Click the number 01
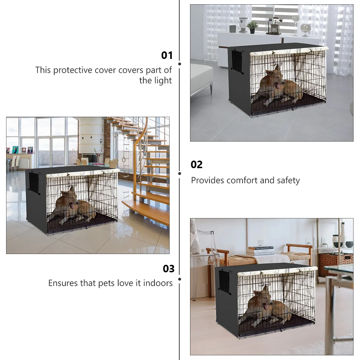pos(167,55)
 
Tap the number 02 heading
pos(197,165)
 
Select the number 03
pos(169,269)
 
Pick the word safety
pos(288,180)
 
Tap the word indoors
pos(158,283)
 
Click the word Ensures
pos(63,283)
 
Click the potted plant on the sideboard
pos(253,26)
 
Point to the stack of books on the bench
pos(260,251)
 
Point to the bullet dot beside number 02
pos(180,173)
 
